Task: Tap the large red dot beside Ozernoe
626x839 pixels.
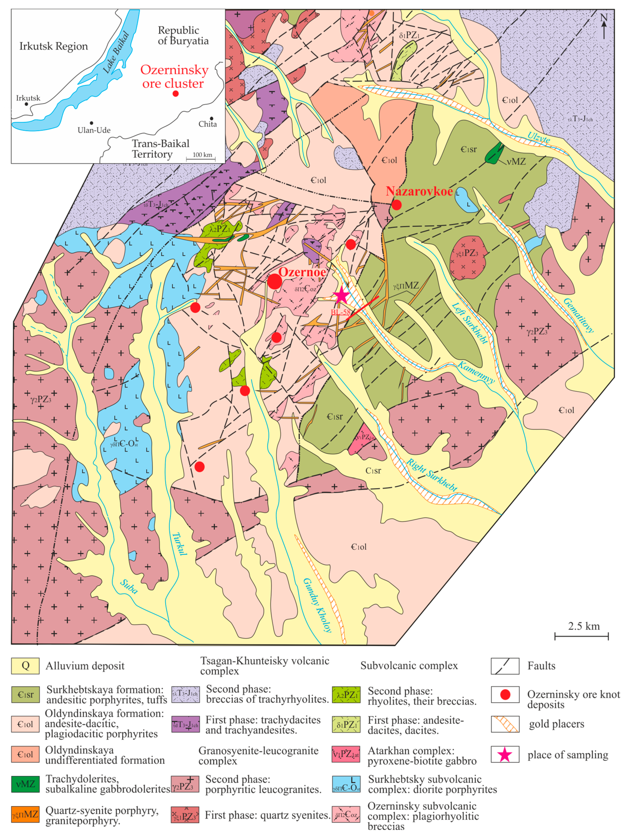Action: [x=274, y=281]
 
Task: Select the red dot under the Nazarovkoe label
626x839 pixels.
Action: [x=396, y=205]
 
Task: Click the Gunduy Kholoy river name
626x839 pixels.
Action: [x=317, y=605]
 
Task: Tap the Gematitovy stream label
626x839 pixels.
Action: [x=578, y=315]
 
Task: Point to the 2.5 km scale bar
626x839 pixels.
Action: [x=581, y=636]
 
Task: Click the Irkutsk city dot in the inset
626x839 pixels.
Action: [x=26, y=104]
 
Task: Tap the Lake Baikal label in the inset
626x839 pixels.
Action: [x=116, y=52]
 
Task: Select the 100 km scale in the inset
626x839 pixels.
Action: [x=201, y=157]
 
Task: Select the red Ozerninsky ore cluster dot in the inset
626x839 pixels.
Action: [x=176, y=93]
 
